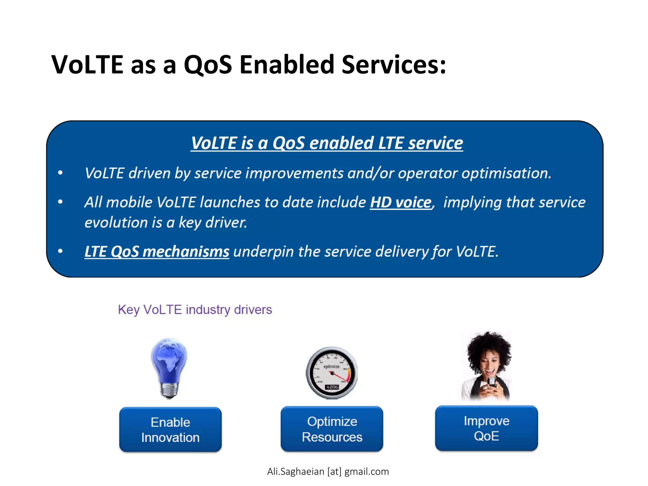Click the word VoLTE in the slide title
pyautogui.click(x=87, y=65)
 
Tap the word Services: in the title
pyautogui.click(x=394, y=65)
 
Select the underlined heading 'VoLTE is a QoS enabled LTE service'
pyautogui.click(x=327, y=143)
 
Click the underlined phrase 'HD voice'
pyautogui.click(x=401, y=202)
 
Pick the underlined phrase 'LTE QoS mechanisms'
pyautogui.click(x=157, y=252)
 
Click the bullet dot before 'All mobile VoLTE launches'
pyautogui.click(x=60, y=202)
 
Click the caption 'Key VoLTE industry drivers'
pyautogui.click(x=195, y=309)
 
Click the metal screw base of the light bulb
pyautogui.click(x=170, y=390)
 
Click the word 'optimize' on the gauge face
pyautogui.click(x=331, y=366)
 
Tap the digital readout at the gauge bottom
pyautogui.click(x=332, y=387)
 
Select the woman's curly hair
pyautogui.click(x=489, y=345)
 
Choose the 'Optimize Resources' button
pyautogui.click(x=332, y=429)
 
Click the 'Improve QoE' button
pyautogui.click(x=486, y=428)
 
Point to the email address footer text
pyautogui.click(x=328, y=471)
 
